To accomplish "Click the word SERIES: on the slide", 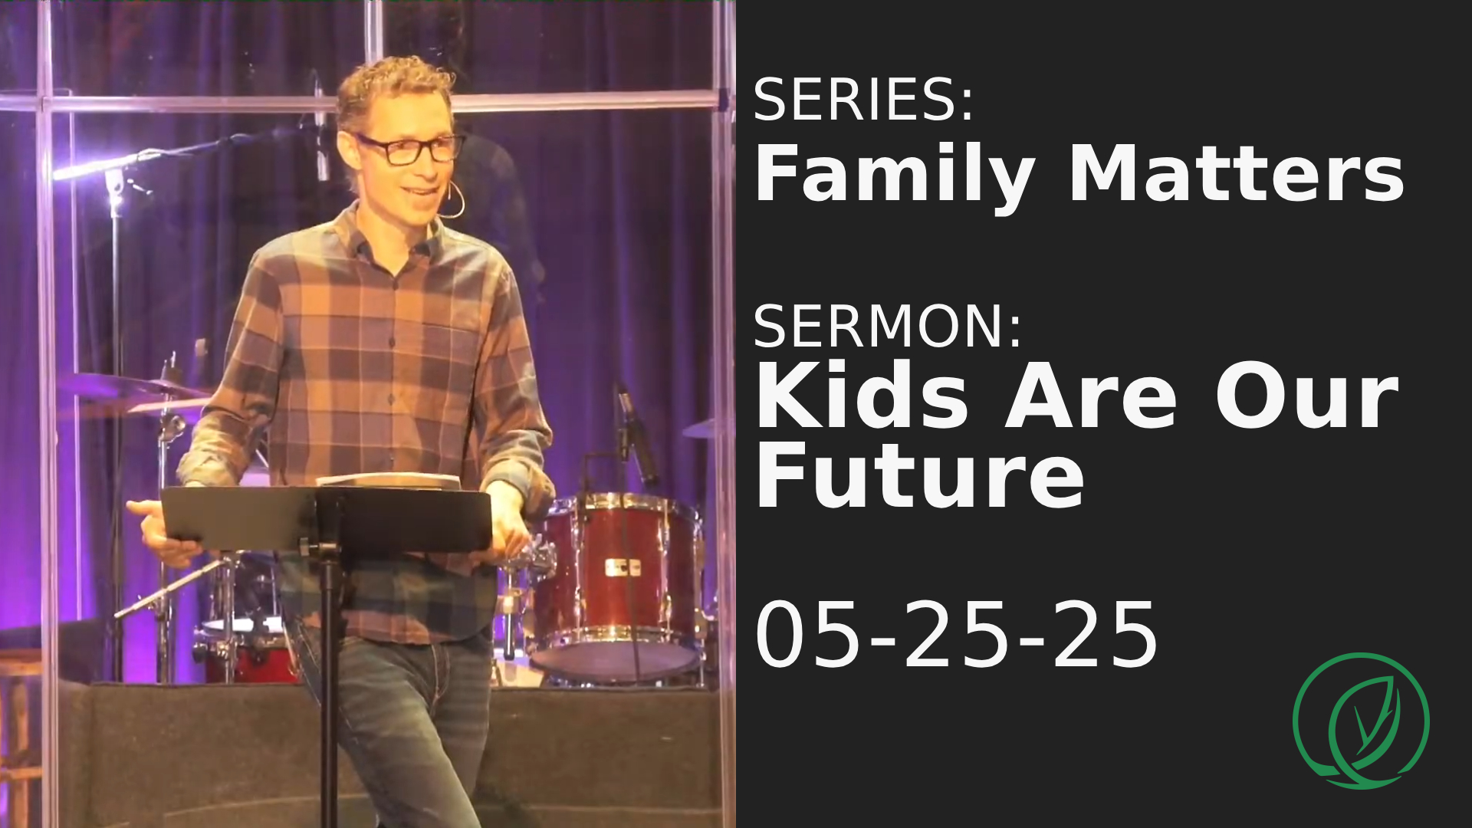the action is (x=863, y=100).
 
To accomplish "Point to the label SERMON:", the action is (x=887, y=326).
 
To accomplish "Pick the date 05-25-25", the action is (x=956, y=635).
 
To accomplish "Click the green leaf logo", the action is (x=1361, y=720).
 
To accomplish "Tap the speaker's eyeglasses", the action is (x=409, y=149).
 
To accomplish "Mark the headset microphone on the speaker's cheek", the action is (x=455, y=202).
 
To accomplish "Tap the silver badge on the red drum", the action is (x=623, y=568).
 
